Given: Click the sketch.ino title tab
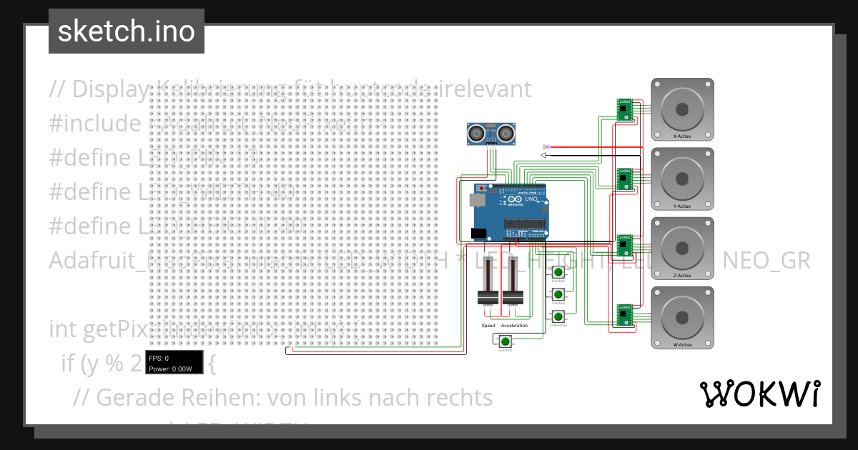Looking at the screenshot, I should pos(126,31).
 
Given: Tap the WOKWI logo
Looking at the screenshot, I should pos(759,394).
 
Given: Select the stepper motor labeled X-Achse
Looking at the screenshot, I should pos(682,109).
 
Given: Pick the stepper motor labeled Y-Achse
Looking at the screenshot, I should pos(682,178).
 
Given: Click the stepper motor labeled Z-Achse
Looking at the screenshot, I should pos(682,247).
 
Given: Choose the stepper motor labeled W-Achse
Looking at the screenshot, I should pos(682,316).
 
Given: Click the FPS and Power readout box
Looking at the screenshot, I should pos(174,363).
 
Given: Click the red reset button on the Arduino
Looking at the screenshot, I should pos(481,188).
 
